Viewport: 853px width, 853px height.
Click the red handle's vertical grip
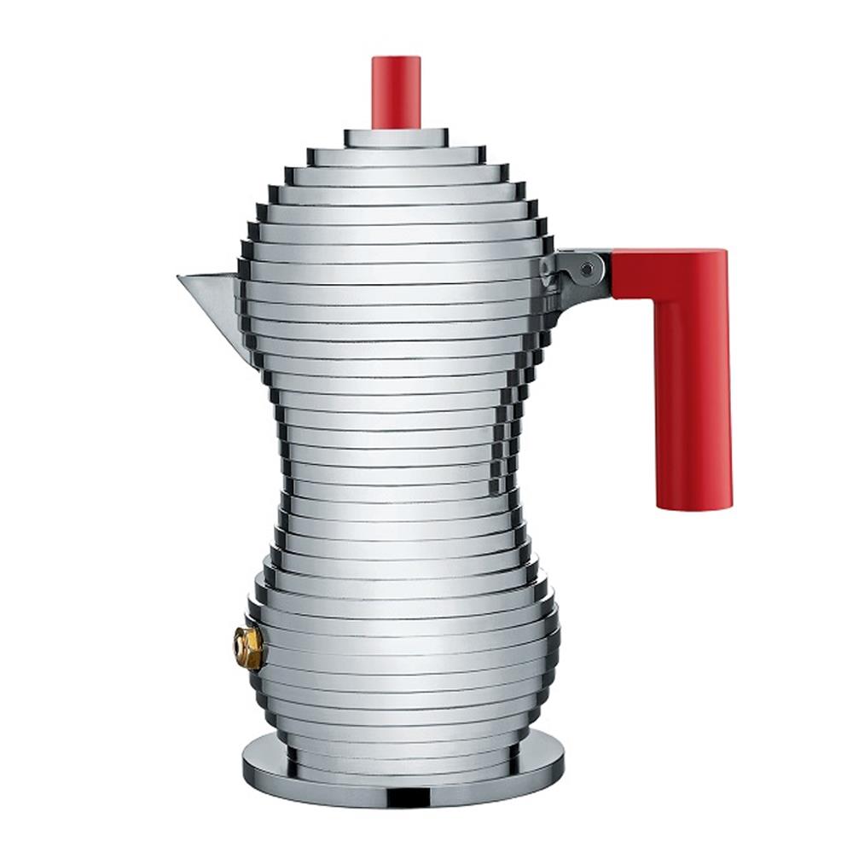click(x=692, y=392)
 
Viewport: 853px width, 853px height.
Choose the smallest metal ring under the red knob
click(x=396, y=136)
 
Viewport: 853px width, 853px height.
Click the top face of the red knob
click(x=396, y=60)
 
